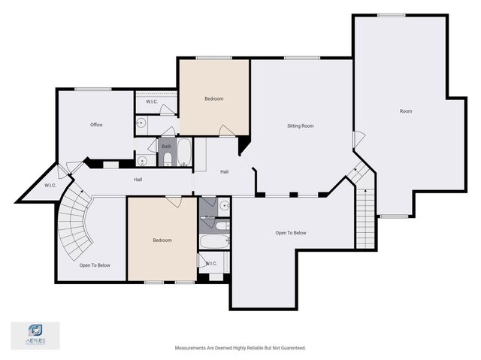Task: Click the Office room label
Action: pyautogui.click(x=96, y=125)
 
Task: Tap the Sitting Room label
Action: pyautogui.click(x=301, y=126)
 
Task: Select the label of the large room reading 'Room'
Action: pyautogui.click(x=406, y=111)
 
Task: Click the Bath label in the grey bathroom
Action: pyautogui.click(x=166, y=147)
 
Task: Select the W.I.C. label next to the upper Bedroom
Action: pyautogui.click(x=151, y=102)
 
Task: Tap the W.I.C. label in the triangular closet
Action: pyautogui.click(x=50, y=186)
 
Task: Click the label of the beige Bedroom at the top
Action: pyautogui.click(x=214, y=98)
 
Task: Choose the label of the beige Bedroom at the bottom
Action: pyautogui.click(x=162, y=241)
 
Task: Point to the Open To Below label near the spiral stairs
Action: pyautogui.click(x=95, y=265)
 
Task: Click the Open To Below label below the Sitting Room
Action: pyautogui.click(x=291, y=233)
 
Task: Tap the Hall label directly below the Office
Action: pyautogui.click(x=138, y=180)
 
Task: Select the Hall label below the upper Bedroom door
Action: pyautogui.click(x=224, y=172)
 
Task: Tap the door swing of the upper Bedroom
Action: pyautogui.click(x=226, y=131)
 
